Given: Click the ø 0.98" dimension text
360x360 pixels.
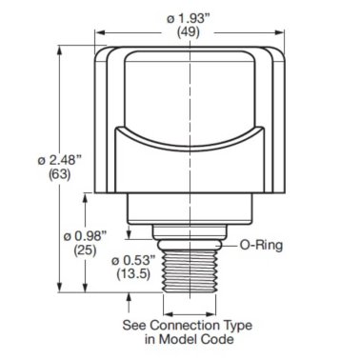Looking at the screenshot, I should click(x=71, y=232).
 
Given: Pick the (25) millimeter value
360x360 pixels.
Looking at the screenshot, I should click(x=71, y=248).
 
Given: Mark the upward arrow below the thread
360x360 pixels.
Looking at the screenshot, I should click(x=130, y=301).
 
